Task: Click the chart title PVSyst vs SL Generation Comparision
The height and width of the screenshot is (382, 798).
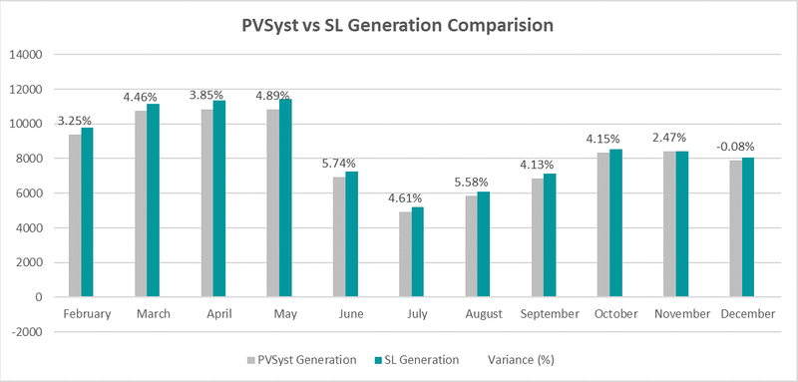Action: coord(399,25)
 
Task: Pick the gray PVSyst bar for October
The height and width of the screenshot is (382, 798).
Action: coord(602,224)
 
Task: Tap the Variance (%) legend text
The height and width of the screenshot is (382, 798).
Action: coord(519,359)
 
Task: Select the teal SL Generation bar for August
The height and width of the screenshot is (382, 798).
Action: coord(483,244)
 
